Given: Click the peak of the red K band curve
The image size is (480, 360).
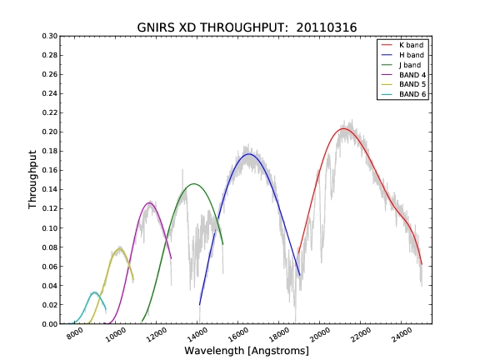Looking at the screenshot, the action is tap(343, 128).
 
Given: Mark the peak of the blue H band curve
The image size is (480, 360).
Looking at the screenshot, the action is tap(249, 153).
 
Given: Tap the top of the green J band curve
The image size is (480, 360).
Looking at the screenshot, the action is tap(194, 183).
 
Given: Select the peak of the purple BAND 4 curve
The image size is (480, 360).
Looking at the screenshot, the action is tap(149, 202).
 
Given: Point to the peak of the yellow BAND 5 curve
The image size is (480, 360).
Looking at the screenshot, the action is tap(119, 249).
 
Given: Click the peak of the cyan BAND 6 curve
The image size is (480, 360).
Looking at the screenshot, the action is tap(94, 292).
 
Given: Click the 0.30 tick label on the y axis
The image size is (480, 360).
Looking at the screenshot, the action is tap(50, 36).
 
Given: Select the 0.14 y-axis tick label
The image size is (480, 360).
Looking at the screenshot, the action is tap(50, 189).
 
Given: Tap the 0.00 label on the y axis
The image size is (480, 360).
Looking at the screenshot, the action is tap(50, 324).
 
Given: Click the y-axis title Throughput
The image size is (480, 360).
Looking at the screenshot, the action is tap(32, 180).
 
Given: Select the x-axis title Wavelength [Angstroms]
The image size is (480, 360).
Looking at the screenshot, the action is tap(247, 351).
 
